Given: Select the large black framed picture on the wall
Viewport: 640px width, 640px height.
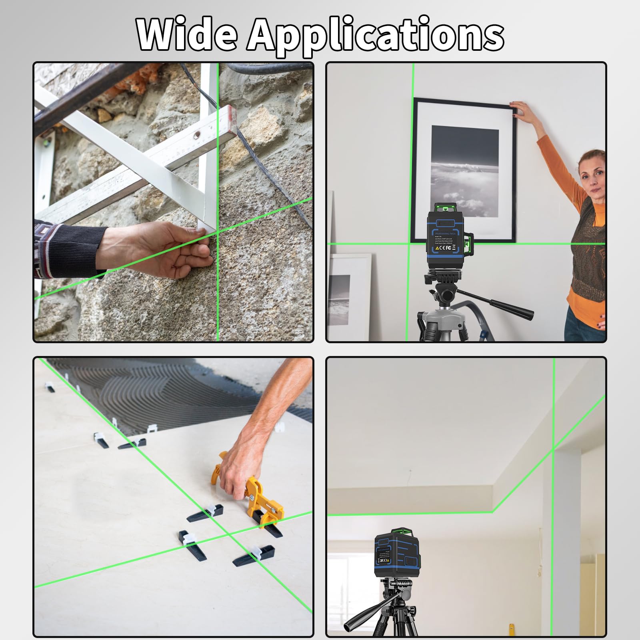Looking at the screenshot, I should pyautogui.click(x=464, y=170).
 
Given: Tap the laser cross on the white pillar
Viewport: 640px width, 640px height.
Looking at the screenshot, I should pyautogui.click(x=554, y=450).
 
